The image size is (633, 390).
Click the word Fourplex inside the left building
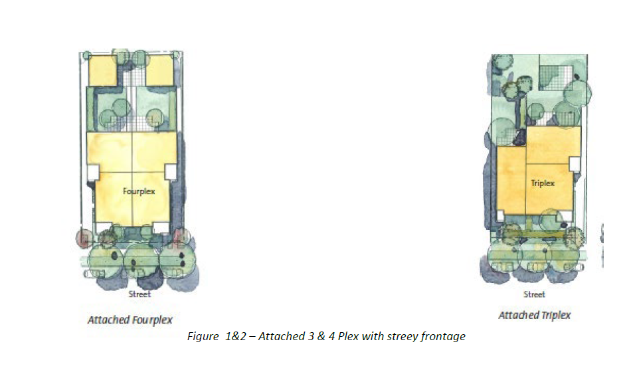(139, 191)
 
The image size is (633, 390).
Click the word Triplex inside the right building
(543, 183)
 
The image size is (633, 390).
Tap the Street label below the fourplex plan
(139, 294)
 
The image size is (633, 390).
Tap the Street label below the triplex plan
(534, 294)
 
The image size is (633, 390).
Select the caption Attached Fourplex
(130, 320)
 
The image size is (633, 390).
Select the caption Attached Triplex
(535, 316)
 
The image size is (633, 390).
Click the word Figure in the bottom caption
(203, 337)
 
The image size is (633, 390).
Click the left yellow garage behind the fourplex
(102, 70)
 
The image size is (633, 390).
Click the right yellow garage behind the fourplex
(159, 70)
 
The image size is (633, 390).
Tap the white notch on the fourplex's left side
(93, 172)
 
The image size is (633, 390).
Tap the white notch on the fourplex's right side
(171, 171)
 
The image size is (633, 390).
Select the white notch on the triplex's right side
(575, 164)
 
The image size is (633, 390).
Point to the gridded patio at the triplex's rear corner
(556, 78)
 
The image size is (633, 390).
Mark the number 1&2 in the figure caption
(235, 336)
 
